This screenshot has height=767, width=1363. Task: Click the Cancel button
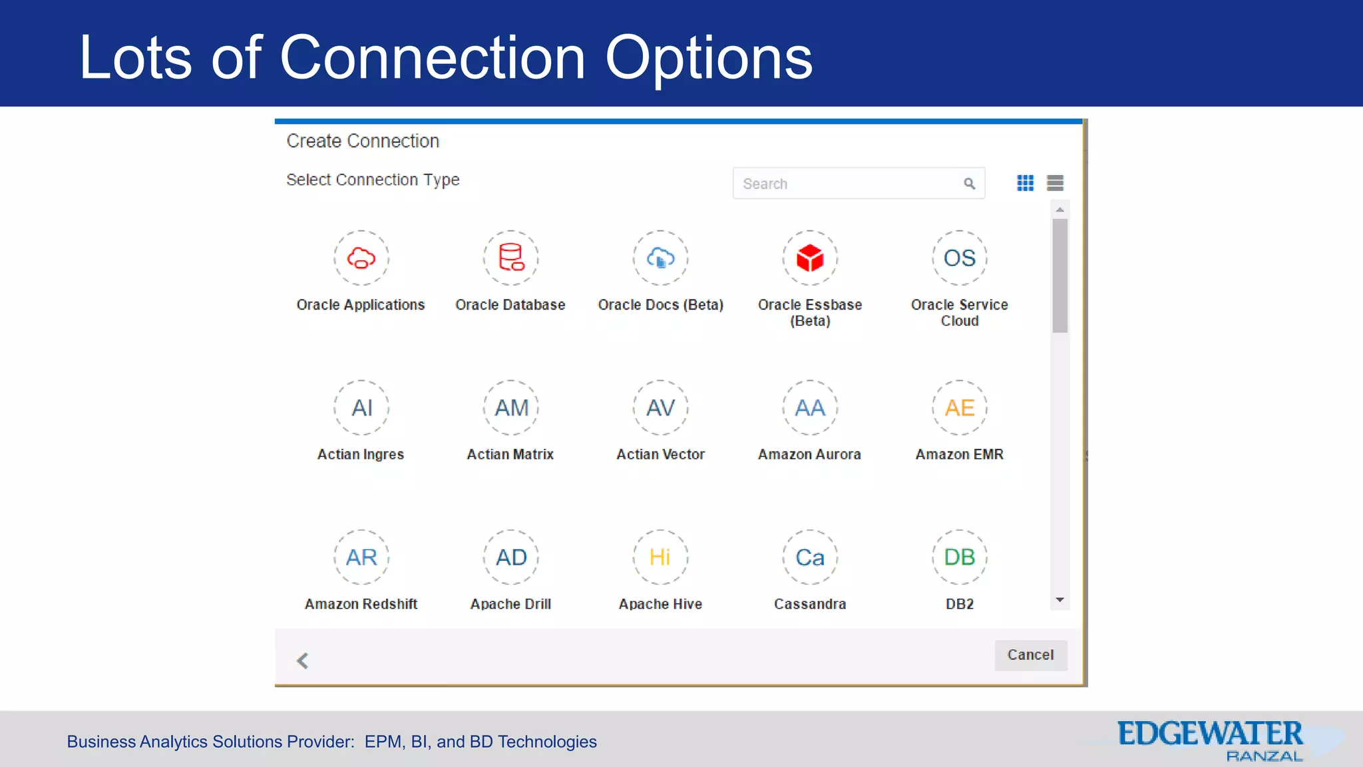[1030, 655]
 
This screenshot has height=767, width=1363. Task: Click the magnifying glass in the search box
[969, 184]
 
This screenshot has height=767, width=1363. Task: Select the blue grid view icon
[1025, 183]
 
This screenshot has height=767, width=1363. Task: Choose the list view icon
[1055, 183]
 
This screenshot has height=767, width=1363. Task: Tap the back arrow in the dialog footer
[303, 660]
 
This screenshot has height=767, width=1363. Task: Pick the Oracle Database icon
[511, 258]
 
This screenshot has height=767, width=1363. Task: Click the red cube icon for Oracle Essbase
[810, 258]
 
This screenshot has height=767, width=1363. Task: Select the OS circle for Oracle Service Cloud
[960, 258]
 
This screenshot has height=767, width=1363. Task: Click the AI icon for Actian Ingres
[361, 407]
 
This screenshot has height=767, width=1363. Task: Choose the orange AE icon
[960, 407]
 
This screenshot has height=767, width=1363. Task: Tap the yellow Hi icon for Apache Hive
[660, 557]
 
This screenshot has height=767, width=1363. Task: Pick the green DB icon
[960, 557]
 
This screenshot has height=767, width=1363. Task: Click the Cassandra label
[810, 604]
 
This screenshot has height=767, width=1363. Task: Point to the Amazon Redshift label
[361, 604]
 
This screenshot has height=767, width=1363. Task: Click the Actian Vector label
[660, 454]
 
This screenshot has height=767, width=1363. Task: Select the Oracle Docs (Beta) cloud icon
[660, 258]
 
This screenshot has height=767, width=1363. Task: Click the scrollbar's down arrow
[1060, 601]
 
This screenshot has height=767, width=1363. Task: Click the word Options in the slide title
[708, 58]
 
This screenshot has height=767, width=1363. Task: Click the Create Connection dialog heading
[363, 141]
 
